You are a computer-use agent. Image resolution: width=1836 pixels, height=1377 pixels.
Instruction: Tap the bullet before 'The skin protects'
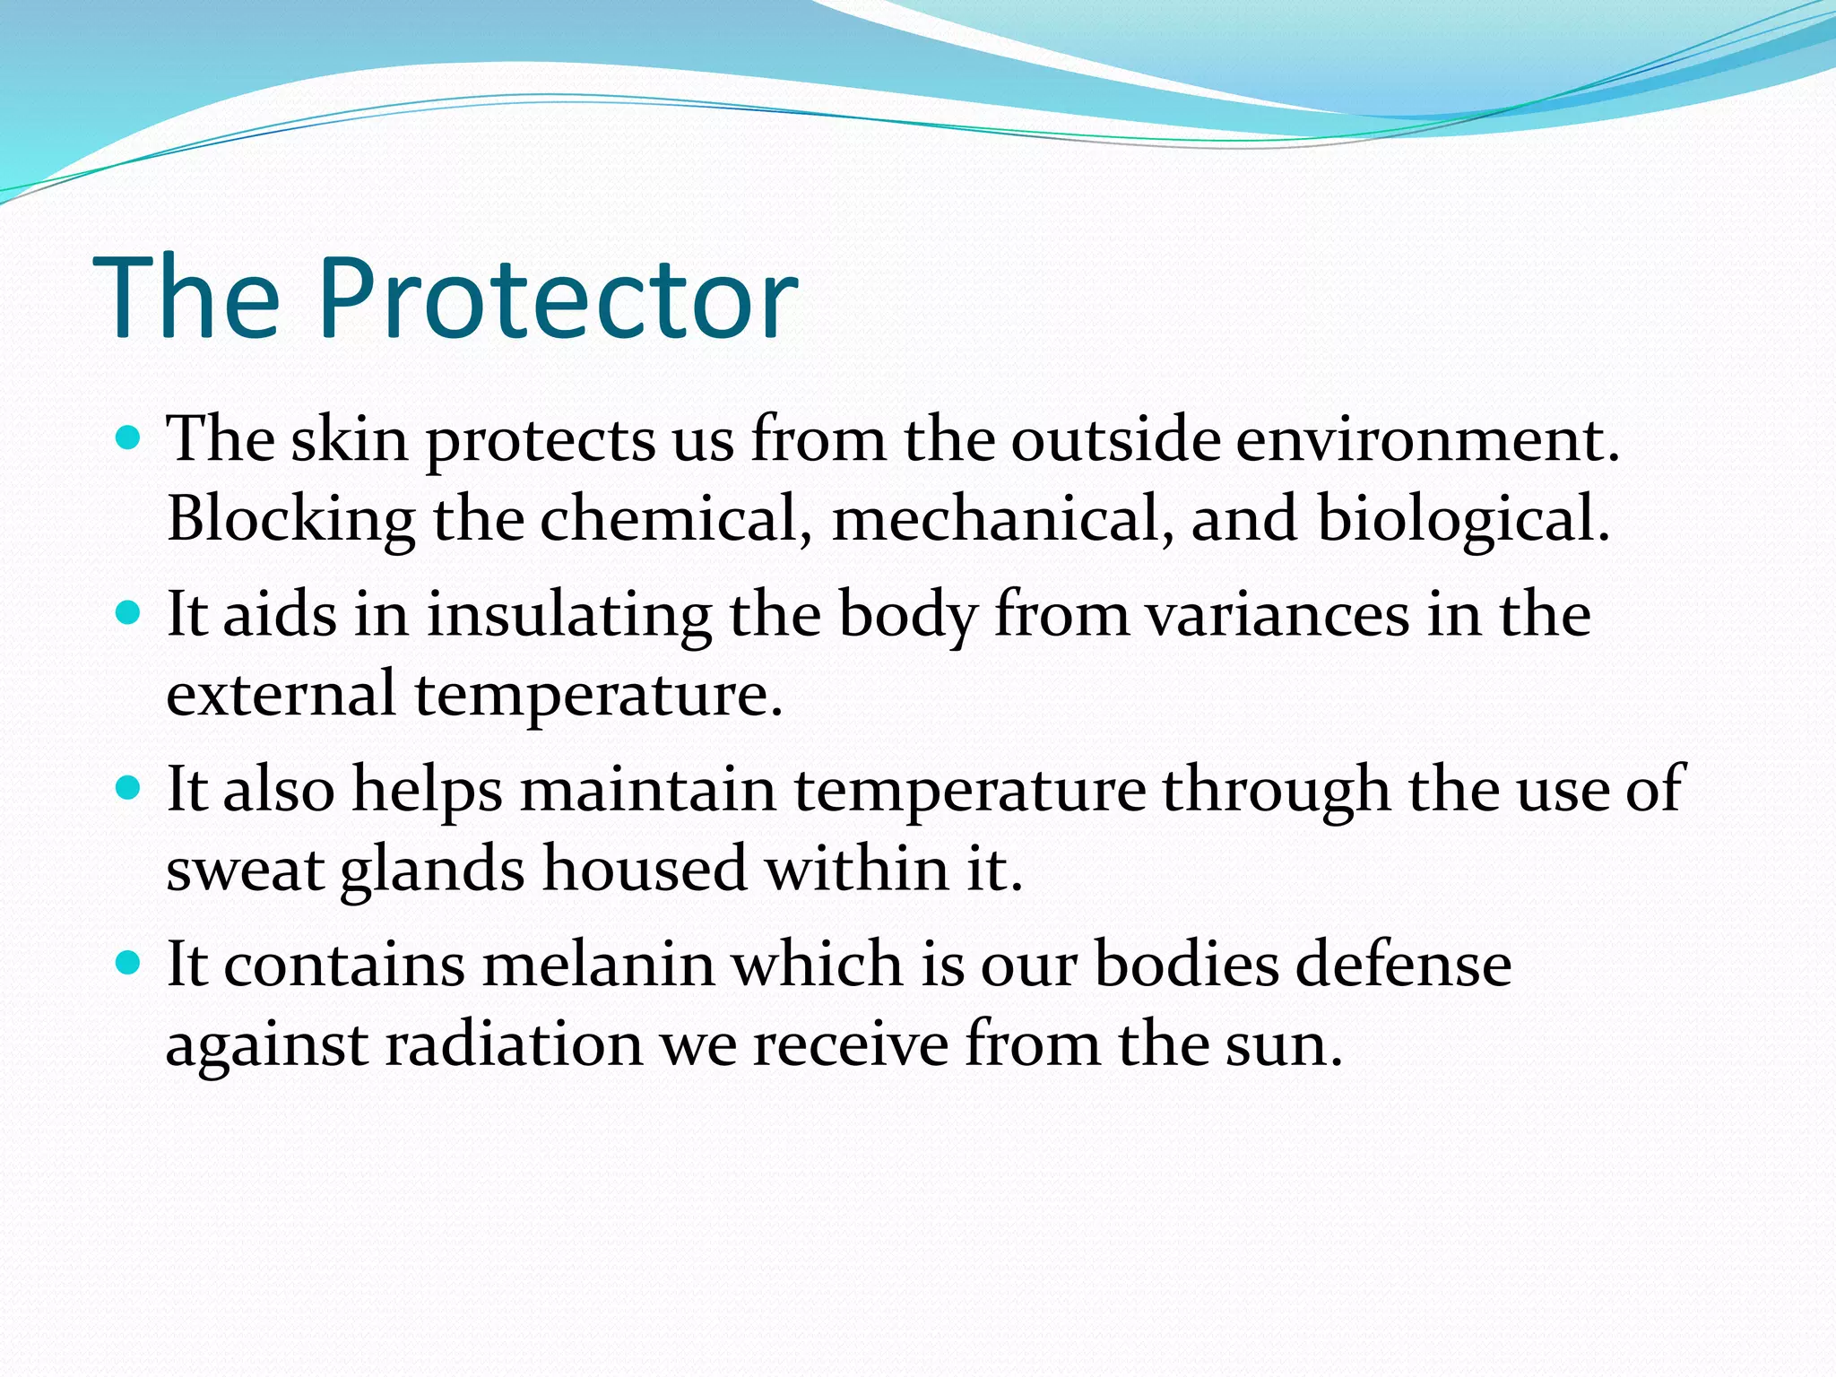[129, 437]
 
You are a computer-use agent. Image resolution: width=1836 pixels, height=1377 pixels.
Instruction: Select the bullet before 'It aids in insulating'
[129, 613]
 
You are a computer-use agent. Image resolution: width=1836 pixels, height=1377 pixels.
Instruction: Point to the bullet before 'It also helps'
[129, 788]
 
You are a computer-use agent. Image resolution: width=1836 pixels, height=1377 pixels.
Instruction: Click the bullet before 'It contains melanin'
[129, 963]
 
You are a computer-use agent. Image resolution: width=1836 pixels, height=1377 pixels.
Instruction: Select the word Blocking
[290, 520]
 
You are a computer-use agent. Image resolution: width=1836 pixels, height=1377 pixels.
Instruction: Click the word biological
[1461, 520]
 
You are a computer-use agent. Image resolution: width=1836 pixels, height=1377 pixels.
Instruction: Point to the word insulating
[568, 617]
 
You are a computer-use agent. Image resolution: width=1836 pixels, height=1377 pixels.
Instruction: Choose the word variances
[1278, 617]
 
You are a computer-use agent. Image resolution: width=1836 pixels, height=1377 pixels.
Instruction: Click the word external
[281, 695]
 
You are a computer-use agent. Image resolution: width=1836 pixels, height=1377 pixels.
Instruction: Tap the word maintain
[647, 791]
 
